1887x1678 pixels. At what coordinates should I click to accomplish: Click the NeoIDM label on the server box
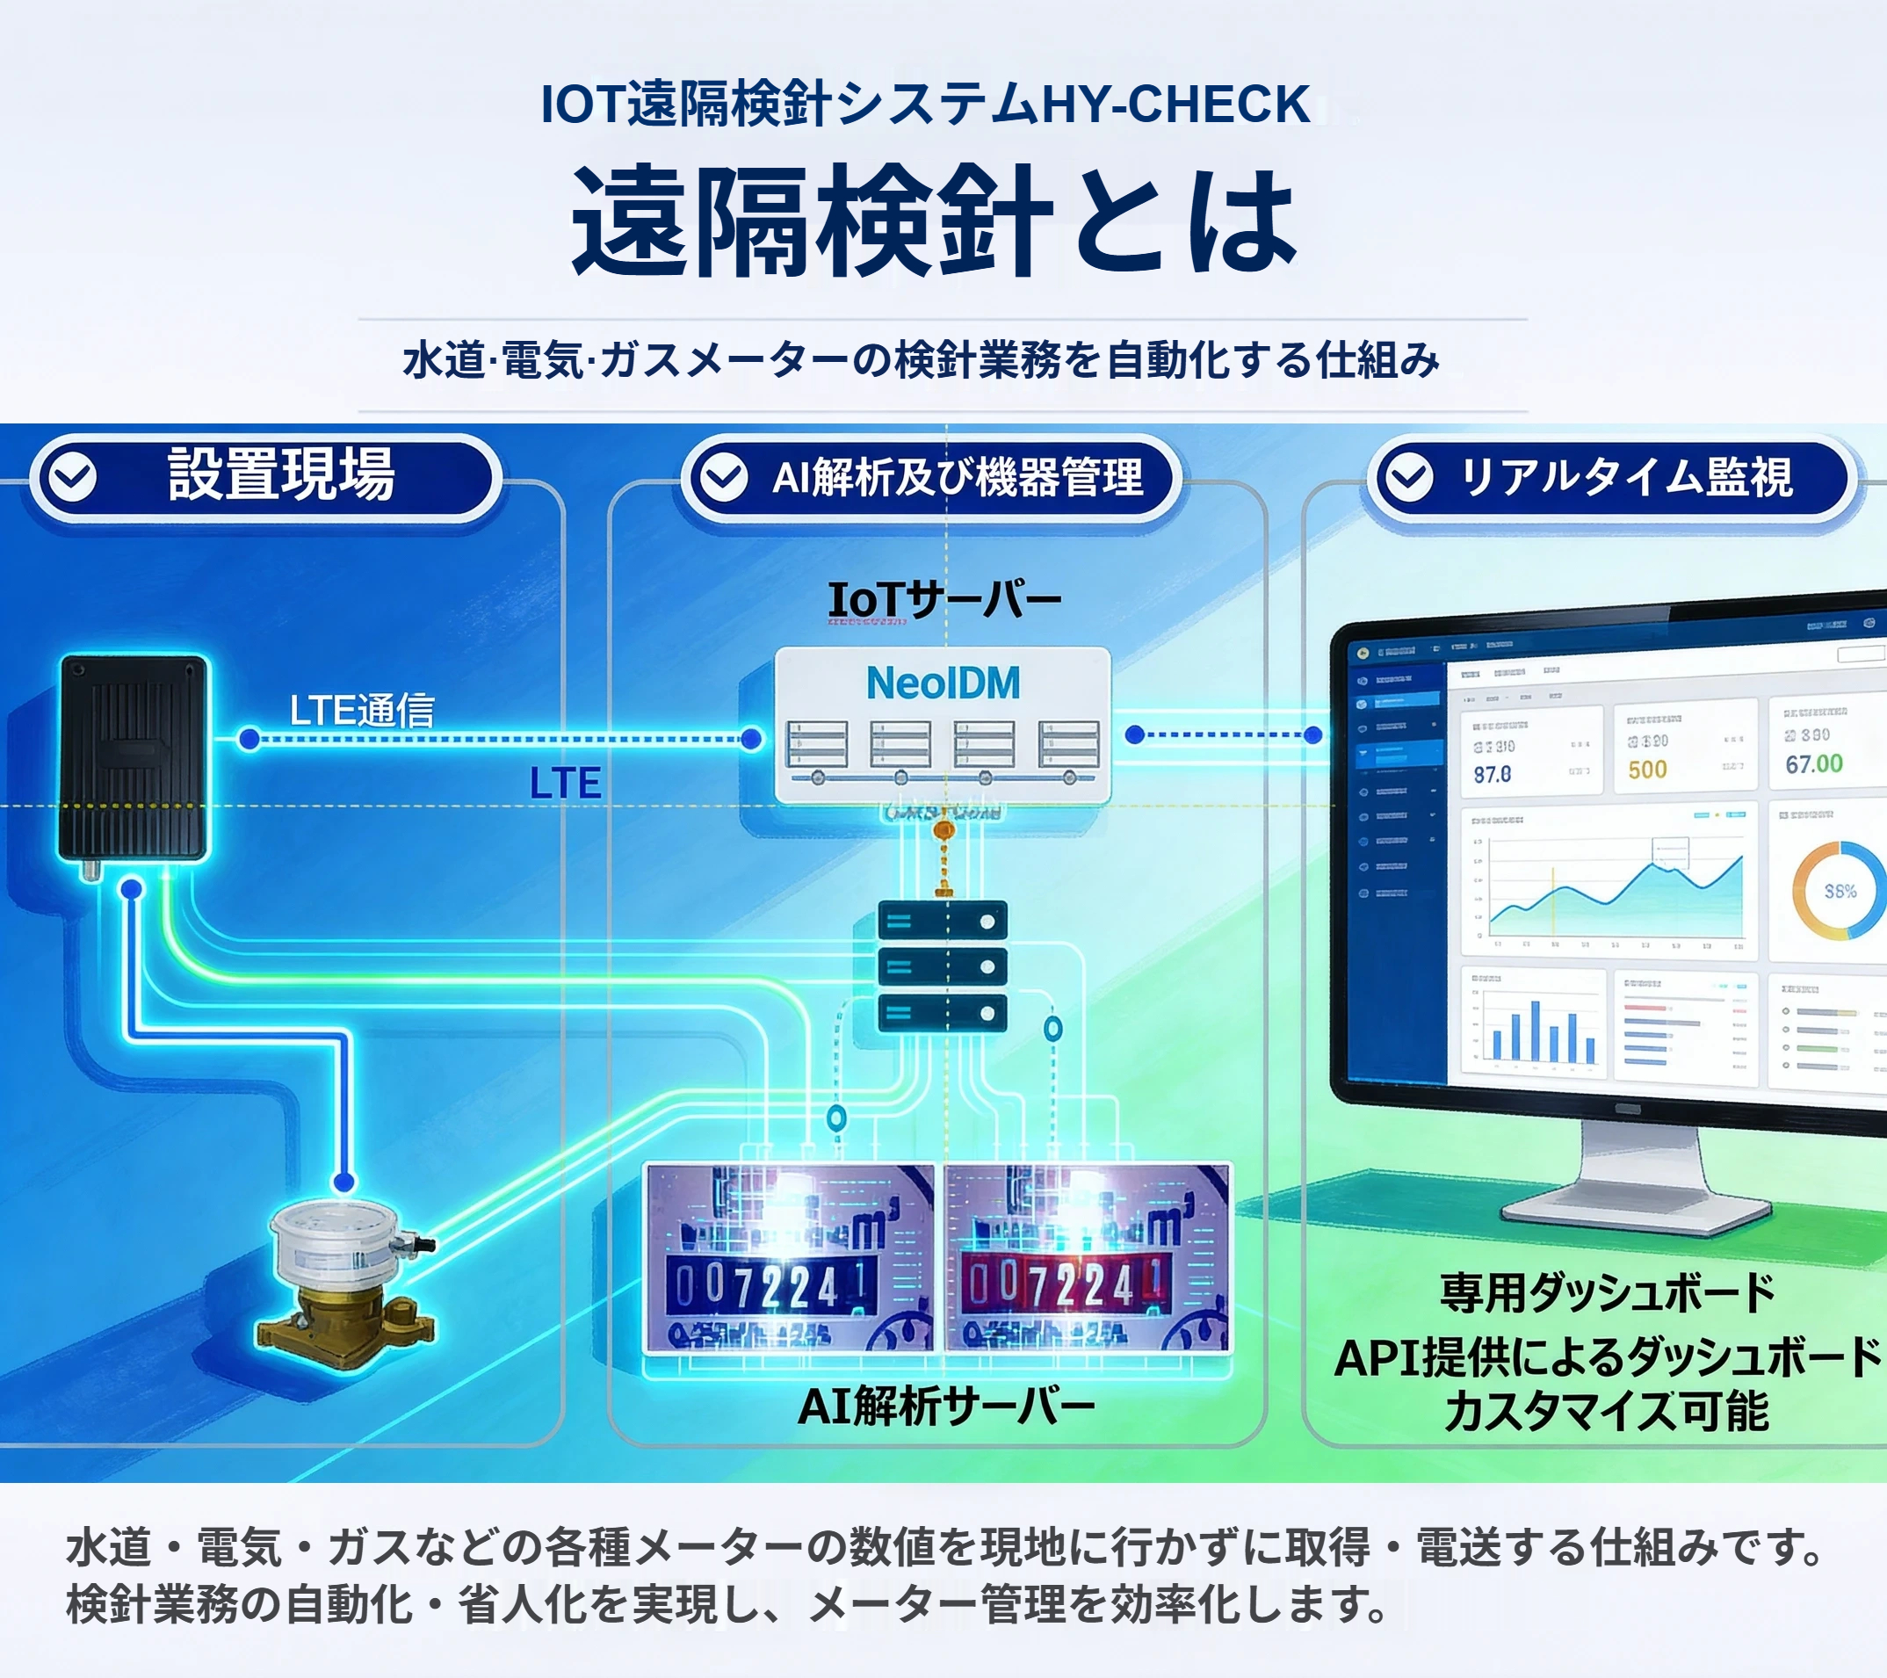[x=943, y=683]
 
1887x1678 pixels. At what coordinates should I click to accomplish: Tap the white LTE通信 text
[x=362, y=710]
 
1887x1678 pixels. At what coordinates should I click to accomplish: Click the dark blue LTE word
[x=565, y=783]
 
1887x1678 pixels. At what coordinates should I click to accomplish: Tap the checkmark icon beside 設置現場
[x=72, y=477]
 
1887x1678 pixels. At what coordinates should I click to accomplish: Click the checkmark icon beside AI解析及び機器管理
[x=724, y=477]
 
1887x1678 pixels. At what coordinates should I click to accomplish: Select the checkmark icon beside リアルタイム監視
[x=1409, y=477]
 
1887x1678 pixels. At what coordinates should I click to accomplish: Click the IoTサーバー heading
[x=944, y=600]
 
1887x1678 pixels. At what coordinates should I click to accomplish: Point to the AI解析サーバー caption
[x=946, y=1407]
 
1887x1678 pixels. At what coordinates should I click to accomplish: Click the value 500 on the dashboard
[x=1647, y=770]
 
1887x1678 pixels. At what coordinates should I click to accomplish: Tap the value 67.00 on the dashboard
[x=1813, y=764]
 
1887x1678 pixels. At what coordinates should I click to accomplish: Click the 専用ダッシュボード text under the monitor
[x=1608, y=1292]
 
